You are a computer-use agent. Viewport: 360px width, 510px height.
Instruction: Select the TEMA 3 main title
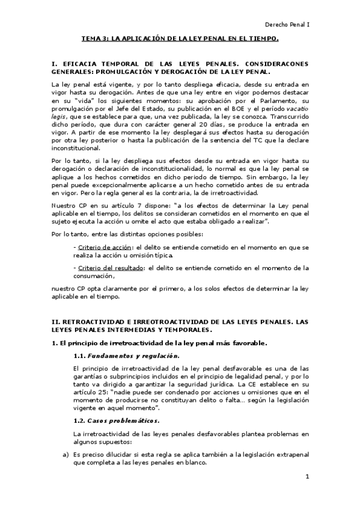tap(180, 39)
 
